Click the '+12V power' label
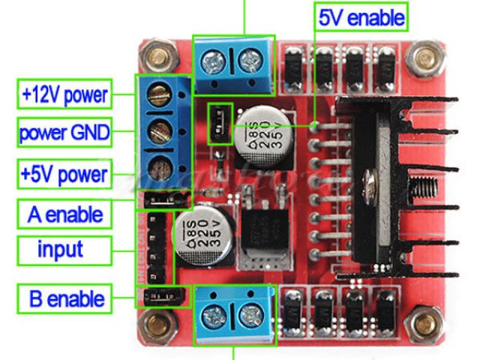(64, 95)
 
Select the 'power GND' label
(64, 134)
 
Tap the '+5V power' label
(64, 175)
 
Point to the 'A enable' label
(64, 215)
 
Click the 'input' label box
(64, 250)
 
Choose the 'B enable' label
(64, 299)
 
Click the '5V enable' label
(361, 16)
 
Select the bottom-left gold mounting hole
(158, 324)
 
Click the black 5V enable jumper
(219, 121)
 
